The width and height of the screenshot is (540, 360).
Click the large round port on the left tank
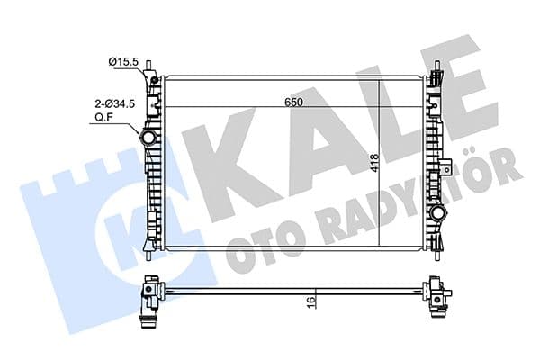tap(148, 139)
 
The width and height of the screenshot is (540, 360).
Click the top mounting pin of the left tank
tap(157, 69)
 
